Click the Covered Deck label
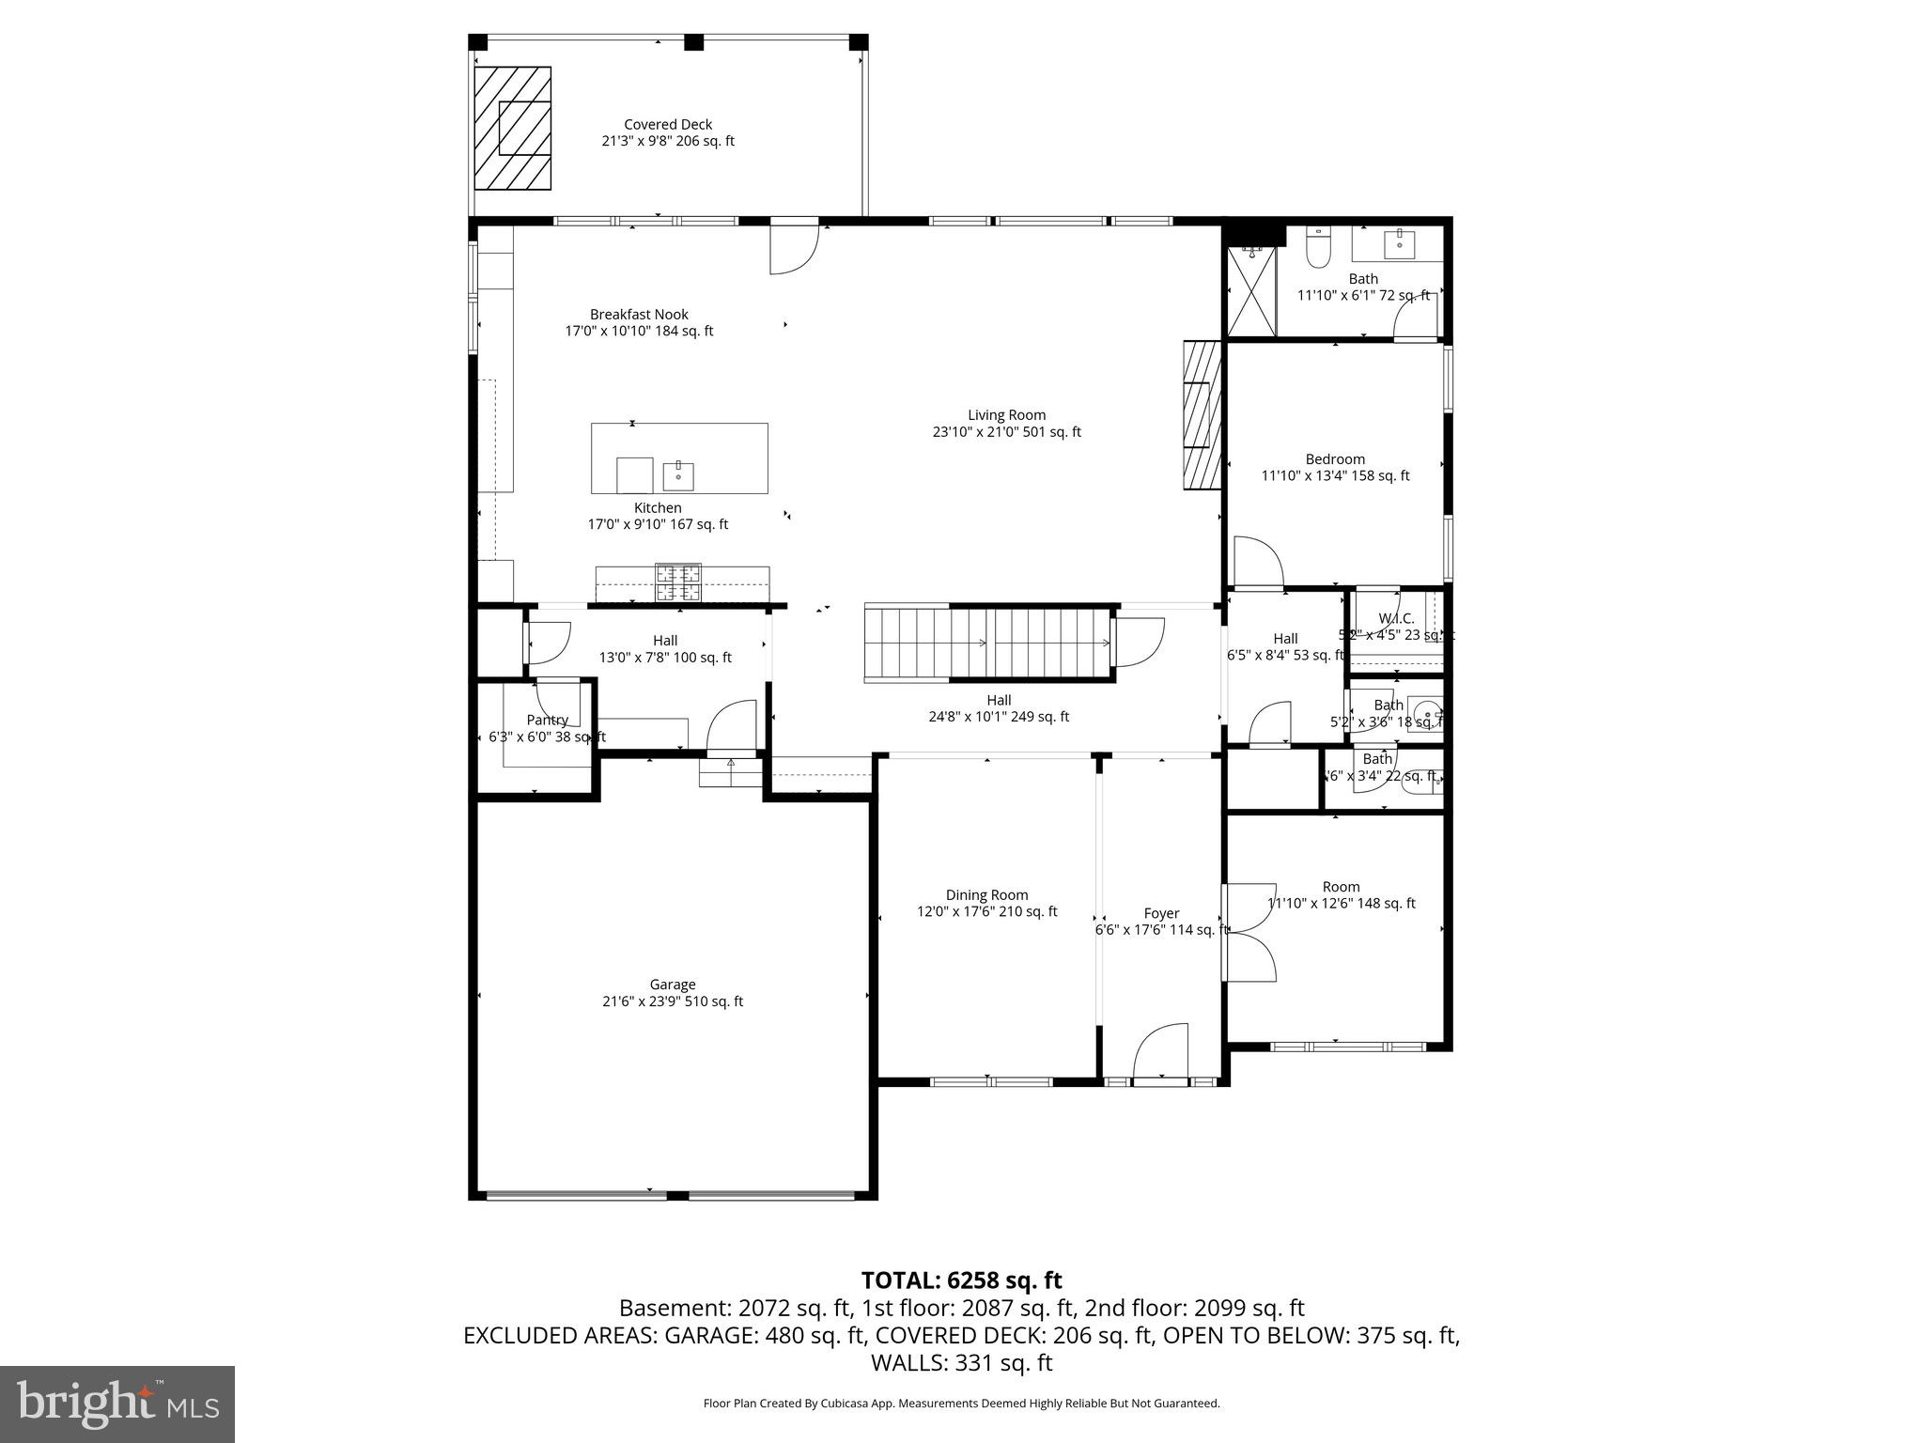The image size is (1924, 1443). (668, 125)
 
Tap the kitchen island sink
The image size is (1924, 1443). (677, 476)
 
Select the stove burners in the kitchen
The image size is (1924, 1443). (677, 582)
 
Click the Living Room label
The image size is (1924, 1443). (1006, 415)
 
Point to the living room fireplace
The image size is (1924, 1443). (1202, 415)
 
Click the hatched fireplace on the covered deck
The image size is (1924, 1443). (512, 129)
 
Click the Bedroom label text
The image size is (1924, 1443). (1334, 459)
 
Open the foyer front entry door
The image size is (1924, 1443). (1161, 1052)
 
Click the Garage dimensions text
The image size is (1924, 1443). (672, 1001)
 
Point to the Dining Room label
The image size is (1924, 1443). (986, 895)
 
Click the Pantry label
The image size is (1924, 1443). (547, 721)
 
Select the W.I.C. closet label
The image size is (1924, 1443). (1395, 618)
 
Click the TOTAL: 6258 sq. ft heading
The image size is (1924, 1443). (961, 1280)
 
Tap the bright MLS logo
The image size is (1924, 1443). (117, 1404)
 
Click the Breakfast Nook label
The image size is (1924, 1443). (639, 315)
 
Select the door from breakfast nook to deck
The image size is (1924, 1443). (793, 246)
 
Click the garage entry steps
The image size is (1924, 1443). (730, 772)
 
